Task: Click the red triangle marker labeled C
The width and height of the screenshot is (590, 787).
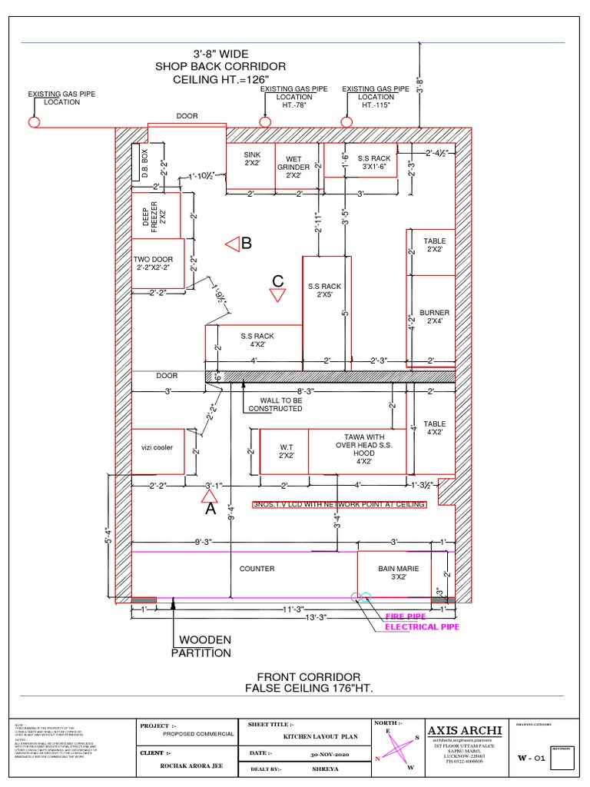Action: pyautogui.click(x=278, y=293)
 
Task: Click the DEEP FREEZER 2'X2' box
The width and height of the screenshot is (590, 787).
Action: pyautogui.click(x=155, y=215)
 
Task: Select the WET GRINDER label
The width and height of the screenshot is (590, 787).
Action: pyautogui.click(x=293, y=167)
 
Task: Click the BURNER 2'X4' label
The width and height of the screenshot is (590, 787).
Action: pyautogui.click(x=434, y=317)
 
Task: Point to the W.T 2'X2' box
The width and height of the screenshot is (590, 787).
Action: pyautogui.click(x=285, y=450)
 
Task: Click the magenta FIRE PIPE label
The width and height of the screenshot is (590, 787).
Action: pyautogui.click(x=405, y=616)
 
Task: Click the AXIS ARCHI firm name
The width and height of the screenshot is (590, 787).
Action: pyautogui.click(x=465, y=729)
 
